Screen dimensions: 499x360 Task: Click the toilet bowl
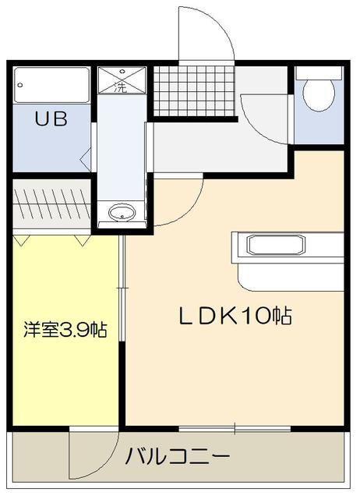coord(318,92)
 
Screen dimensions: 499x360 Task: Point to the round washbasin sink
coord(121,212)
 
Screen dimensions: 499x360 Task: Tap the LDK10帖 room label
coord(236,315)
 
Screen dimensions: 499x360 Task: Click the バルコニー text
coord(178,456)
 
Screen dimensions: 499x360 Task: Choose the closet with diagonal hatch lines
coord(53,203)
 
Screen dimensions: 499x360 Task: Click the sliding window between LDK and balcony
coord(235,427)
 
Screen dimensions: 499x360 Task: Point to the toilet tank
coord(318,73)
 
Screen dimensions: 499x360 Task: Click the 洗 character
coord(120,87)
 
